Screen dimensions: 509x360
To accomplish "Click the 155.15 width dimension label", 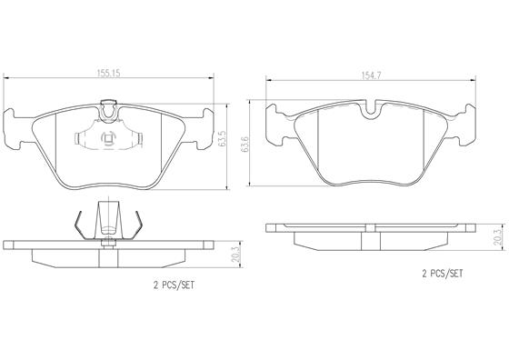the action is click(109, 73).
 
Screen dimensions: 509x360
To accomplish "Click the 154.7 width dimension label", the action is click(371, 75).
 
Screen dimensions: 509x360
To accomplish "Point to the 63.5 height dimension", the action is click(223, 139).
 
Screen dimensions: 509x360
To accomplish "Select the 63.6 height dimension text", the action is click(245, 145).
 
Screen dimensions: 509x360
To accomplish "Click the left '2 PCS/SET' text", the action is click(174, 285).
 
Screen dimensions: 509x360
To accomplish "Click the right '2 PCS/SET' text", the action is click(442, 274).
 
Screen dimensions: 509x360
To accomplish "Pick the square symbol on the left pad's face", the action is click(108, 138).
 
